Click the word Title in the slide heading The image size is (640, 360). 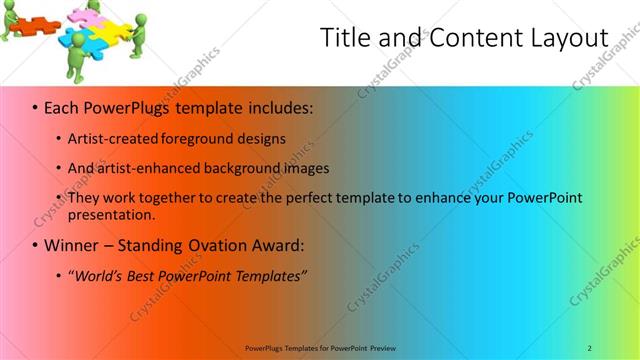344,37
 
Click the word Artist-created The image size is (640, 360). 109,138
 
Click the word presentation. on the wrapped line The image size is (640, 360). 112,214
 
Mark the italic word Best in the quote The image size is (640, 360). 144,275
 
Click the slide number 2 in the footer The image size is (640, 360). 589,347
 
